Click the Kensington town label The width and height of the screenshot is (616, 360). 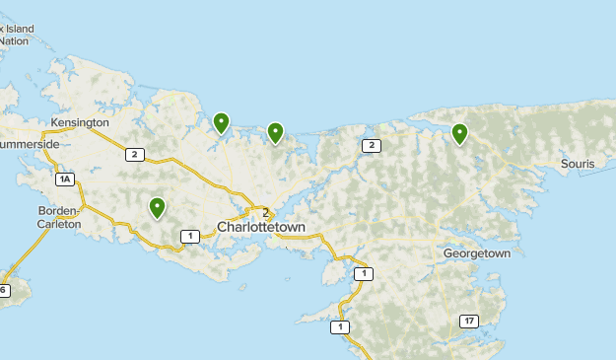[81, 122]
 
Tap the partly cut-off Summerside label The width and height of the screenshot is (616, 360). [30, 144]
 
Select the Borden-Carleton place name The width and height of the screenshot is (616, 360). [58, 217]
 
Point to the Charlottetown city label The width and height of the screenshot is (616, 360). [261, 228]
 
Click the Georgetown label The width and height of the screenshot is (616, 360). [477, 253]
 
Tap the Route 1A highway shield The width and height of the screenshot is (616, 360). [65, 179]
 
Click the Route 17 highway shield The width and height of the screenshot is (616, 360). [468, 322]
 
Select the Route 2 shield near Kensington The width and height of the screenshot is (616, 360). [135, 154]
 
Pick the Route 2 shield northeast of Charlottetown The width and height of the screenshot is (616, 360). [371, 146]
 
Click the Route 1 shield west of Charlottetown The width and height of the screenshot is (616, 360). [188, 235]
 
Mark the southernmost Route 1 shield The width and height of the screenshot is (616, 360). [340, 326]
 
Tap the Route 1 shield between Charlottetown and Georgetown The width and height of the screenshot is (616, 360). [364, 273]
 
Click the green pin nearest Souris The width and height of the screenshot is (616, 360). [459, 132]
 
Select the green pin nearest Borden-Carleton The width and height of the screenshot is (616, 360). [157, 206]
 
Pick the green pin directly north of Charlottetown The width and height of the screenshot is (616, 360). [275, 132]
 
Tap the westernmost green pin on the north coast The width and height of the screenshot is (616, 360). [221, 122]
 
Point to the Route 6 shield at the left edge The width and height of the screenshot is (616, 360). [4, 290]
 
